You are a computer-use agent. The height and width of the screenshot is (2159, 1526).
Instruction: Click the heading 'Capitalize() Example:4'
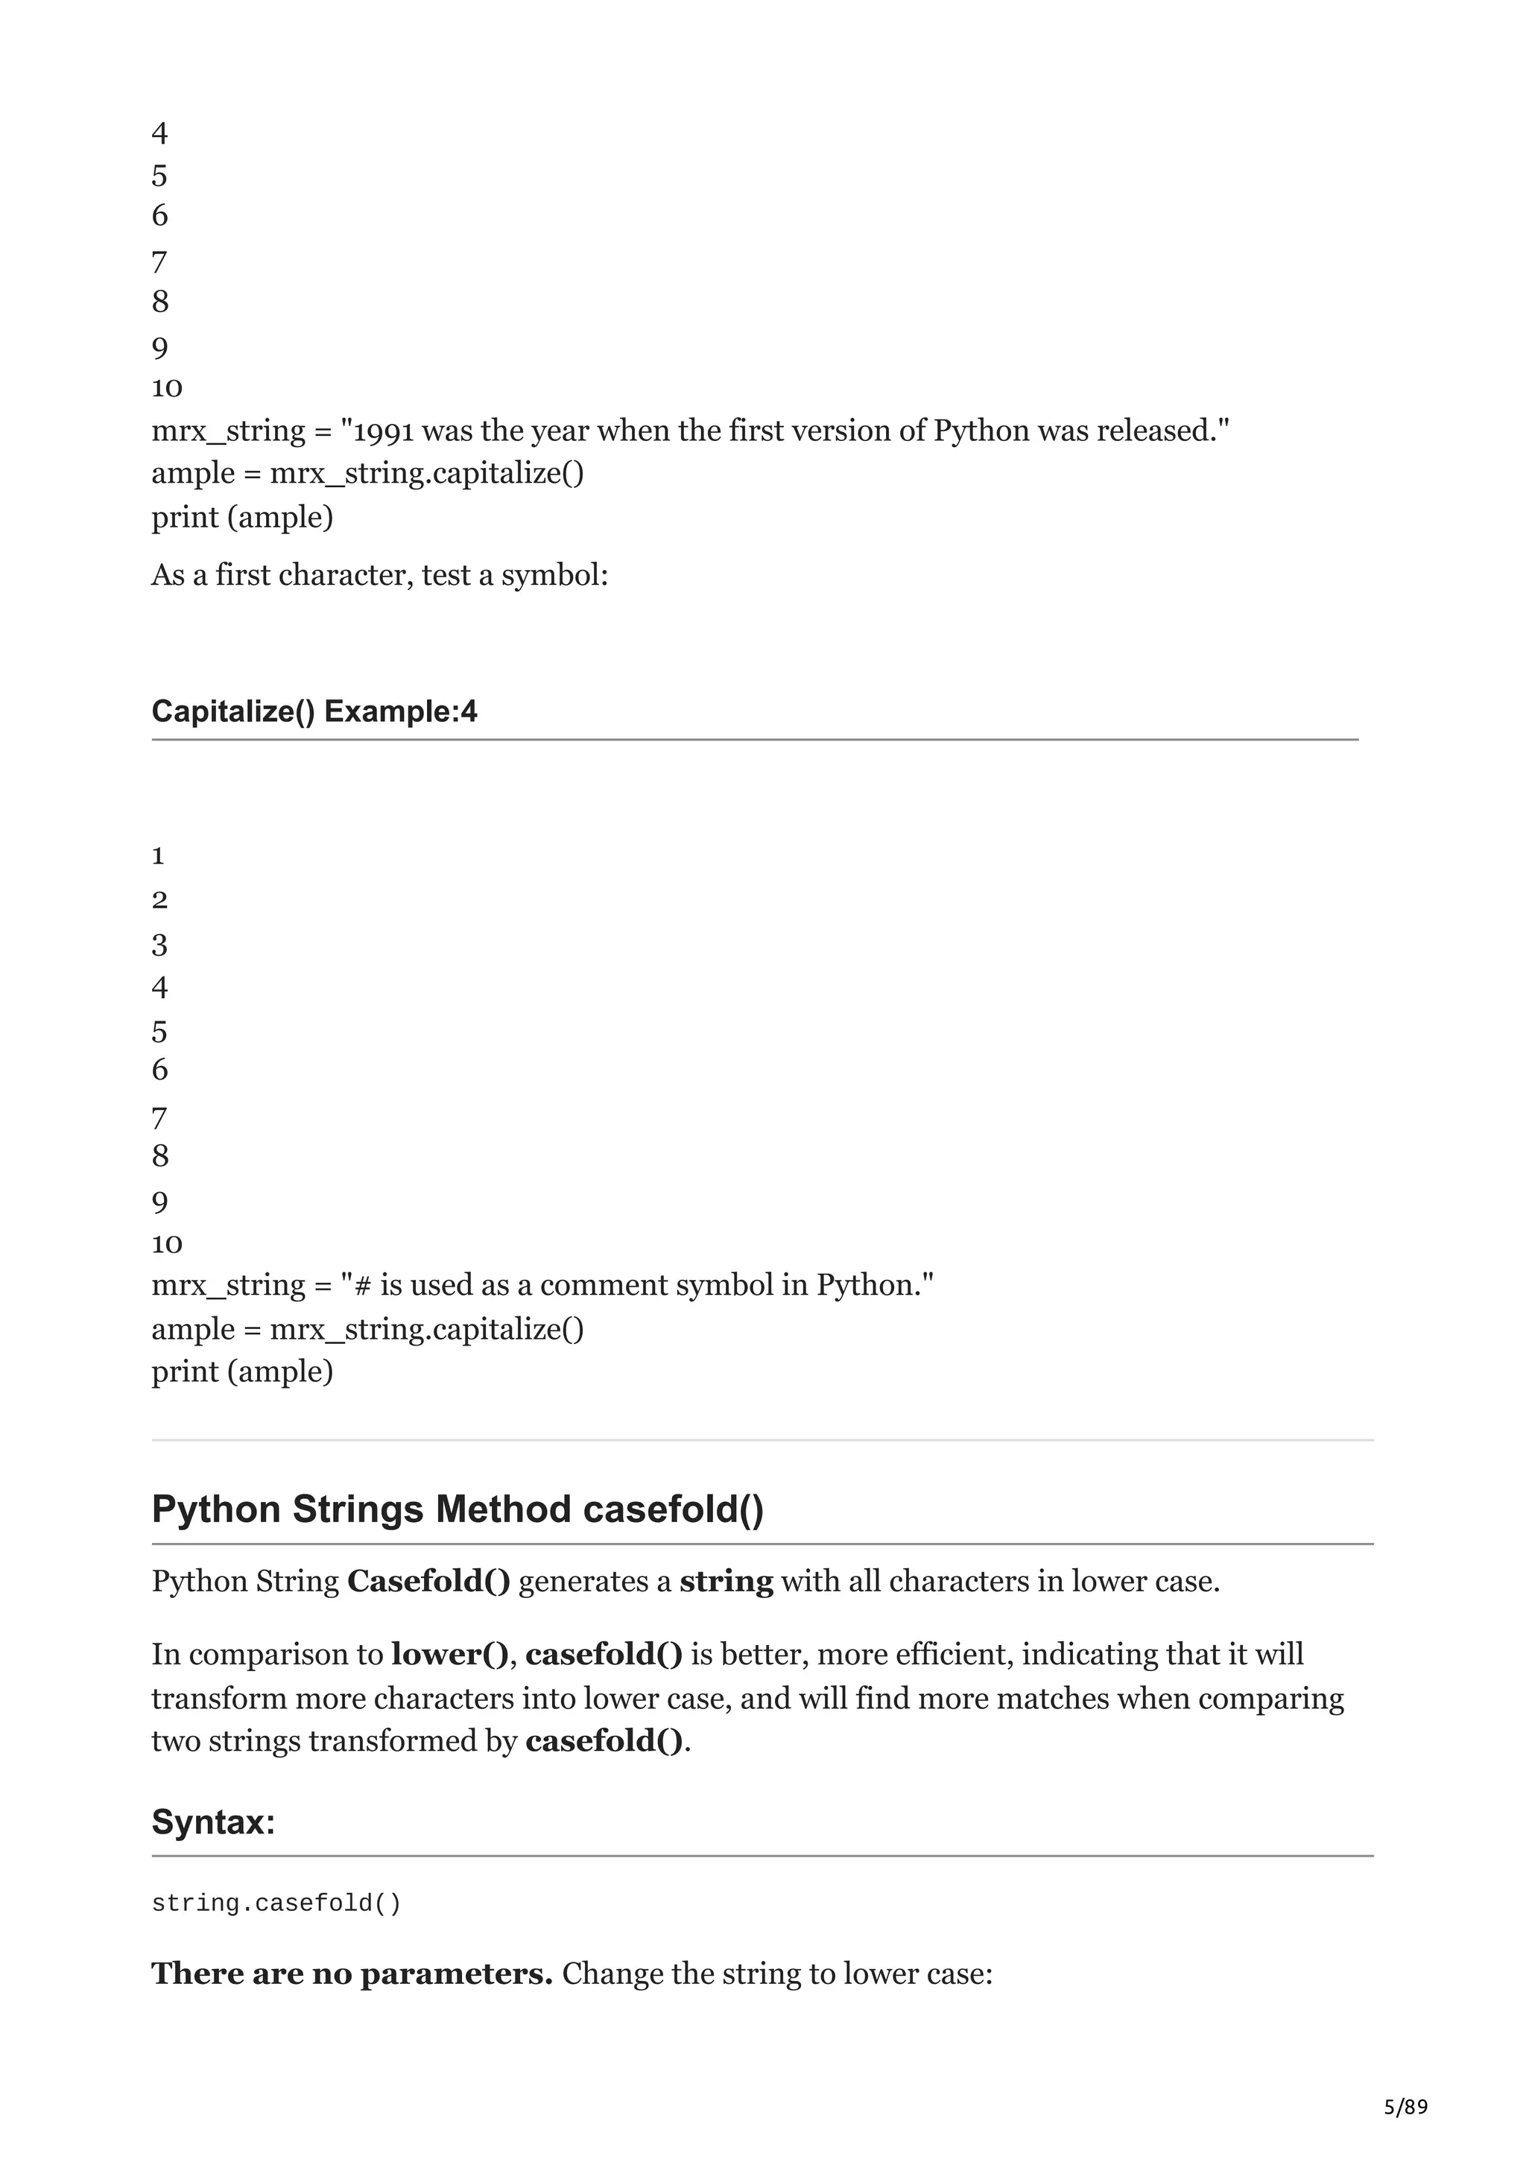[x=314, y=711]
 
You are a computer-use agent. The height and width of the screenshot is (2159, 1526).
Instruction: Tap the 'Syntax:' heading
[x=213, y=1822]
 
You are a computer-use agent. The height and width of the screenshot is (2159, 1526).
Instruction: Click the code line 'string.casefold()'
[x=276, y=1903]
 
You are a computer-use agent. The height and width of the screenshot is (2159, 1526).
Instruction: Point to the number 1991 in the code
[x=384, y=431]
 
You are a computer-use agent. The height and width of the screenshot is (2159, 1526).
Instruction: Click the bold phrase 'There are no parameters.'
[x=352, y=1973]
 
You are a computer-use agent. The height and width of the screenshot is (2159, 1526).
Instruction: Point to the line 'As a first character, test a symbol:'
[x=380, y=574]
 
